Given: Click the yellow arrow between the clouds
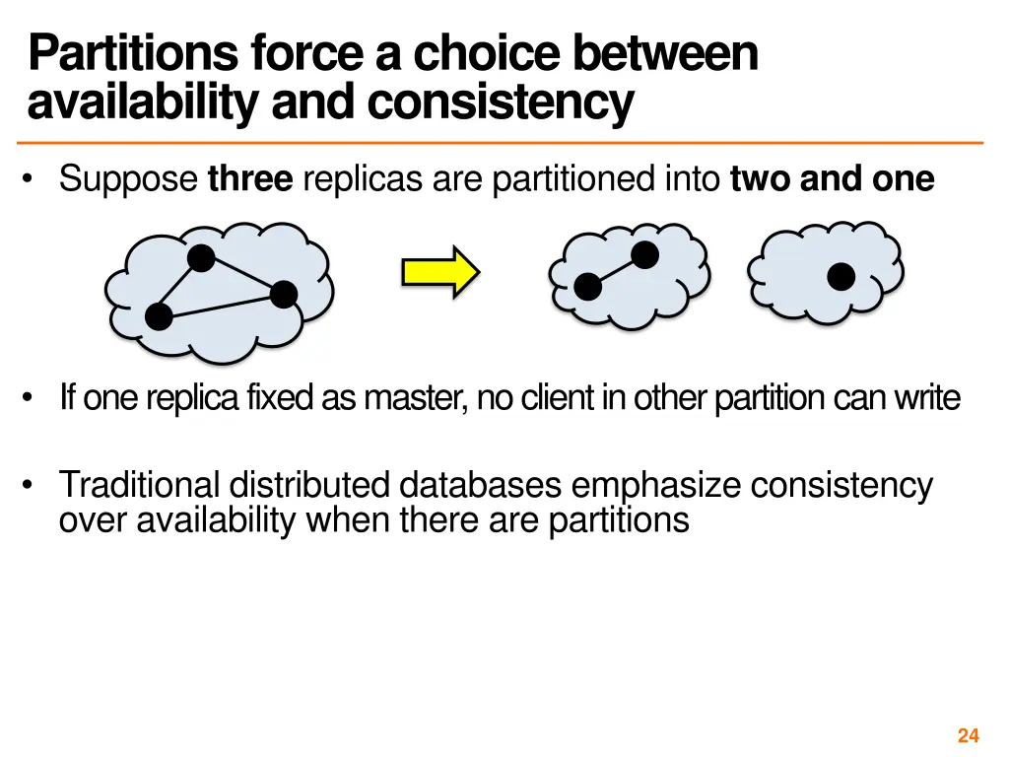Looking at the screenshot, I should point(439,270).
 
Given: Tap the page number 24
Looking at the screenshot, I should point(968,735).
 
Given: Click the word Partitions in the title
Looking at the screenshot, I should point(132,54).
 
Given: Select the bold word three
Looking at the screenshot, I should point(250,179).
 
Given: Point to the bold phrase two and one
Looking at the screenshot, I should point(832,179).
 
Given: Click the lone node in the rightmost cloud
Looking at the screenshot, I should point(841,277).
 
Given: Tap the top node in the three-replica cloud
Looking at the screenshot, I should point(201,258).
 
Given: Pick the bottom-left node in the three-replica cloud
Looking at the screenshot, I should point(159,316).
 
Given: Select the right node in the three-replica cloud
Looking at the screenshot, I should point(283,294).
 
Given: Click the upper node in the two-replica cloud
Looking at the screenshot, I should point(644,254).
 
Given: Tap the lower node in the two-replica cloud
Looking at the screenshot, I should point(587,287).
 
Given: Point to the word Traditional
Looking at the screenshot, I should point(139,485).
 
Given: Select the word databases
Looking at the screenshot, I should point(482,485).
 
